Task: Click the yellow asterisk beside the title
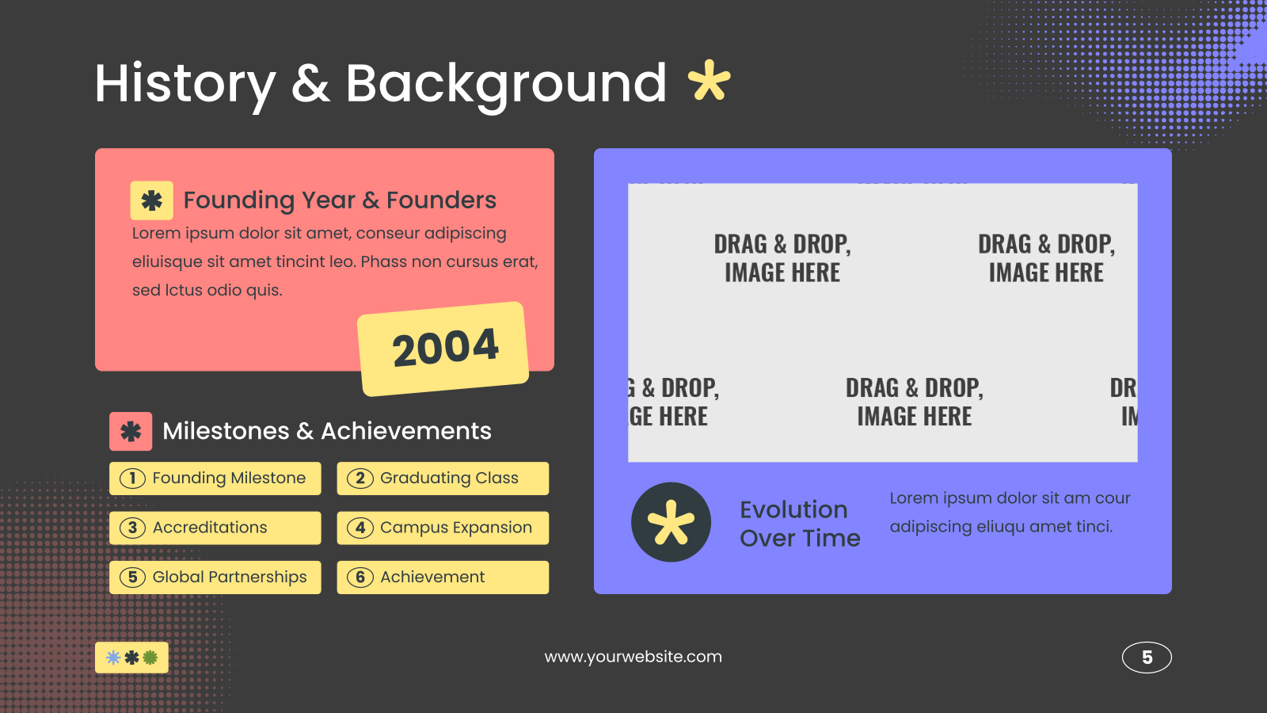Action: [x=710, y=80]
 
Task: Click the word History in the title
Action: [x=185, y=84]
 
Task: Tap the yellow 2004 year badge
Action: [x=443, y=349]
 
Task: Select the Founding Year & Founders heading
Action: [x=340, y=200]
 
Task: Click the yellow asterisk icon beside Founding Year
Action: [x=151, y=200]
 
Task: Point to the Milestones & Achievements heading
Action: [x=327, y=431]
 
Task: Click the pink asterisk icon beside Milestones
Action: [x=131, y=431]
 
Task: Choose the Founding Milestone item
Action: [x=215, y=479]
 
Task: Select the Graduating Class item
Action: [x=443, y=479]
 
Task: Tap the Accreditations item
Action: [x=215, y=528]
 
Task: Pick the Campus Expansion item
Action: [x=443, y=528]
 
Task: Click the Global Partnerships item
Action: [x=215, y=578]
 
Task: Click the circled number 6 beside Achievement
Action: [x=360, y=578]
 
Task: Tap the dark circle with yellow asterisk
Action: [x=671, y=522]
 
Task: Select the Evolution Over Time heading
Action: [x=800, y=524]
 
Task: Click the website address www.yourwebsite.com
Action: [x=633, y=657]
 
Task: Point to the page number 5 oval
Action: [x=1147, y=658]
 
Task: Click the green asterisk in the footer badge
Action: [x=150, y=658]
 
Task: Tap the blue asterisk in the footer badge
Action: [x=113, y=658]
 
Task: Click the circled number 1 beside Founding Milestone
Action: [x=132, y=479]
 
